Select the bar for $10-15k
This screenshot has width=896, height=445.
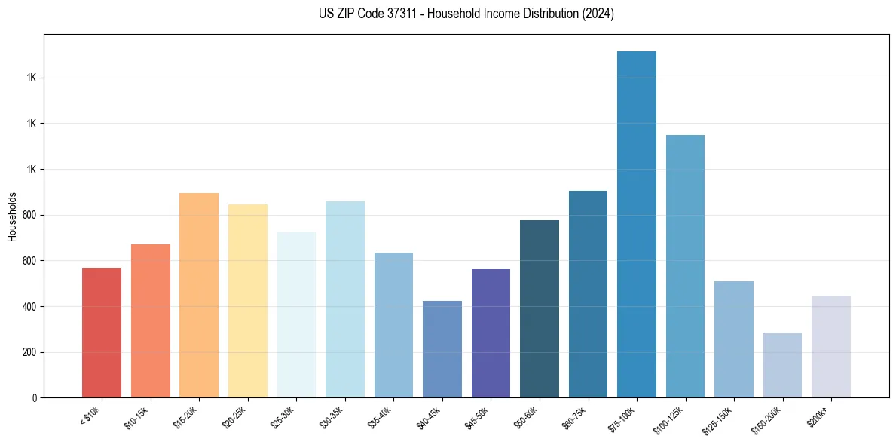pyautogui.click(x=150, y=321)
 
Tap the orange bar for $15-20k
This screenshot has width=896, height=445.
pyautogui.click(x=199, y=295)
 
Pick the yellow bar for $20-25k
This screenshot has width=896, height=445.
pyautogui.click(x=247, y=301)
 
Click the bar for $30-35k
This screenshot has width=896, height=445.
pyautogui.click(x=344, y=299)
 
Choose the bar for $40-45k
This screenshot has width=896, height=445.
pyautogui.click(x=442, y=349)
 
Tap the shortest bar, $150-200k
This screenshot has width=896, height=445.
pyautogui.click(x=782, y=365)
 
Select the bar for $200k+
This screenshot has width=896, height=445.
pyautogui.click(x=830, y=346)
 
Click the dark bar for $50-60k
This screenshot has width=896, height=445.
pyautogui.click(x=539, y=308)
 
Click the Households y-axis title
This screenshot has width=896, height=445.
pyautogui.click(x=12, y=216)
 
